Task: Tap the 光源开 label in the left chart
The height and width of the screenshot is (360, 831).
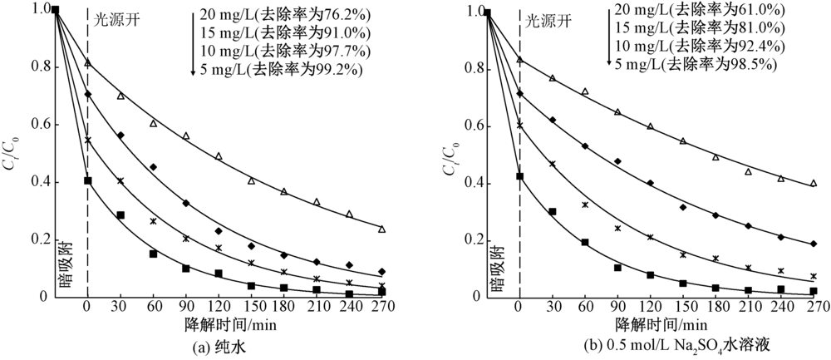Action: click(x=117, y=18)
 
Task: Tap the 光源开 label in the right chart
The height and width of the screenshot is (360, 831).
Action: click(x=548, y=18)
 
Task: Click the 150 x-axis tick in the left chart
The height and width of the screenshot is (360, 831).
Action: click(x=250, y=307)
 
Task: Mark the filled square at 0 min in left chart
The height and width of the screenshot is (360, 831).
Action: click(x=88, y=180)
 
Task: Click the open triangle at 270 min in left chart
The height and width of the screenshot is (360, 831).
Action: click(x=381, y=229)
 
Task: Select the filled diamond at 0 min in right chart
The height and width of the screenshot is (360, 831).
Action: click(x=520, y=94)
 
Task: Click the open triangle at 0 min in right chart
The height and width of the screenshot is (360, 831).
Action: click(x=520, y=60)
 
